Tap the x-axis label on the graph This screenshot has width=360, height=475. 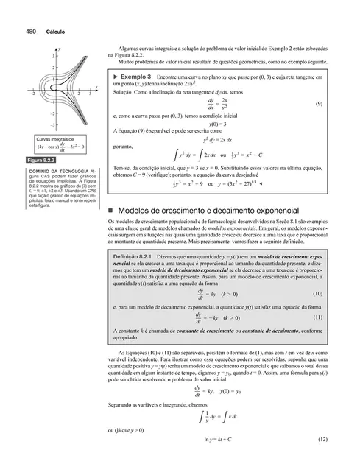pyautogui.click(x=100, y=86)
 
